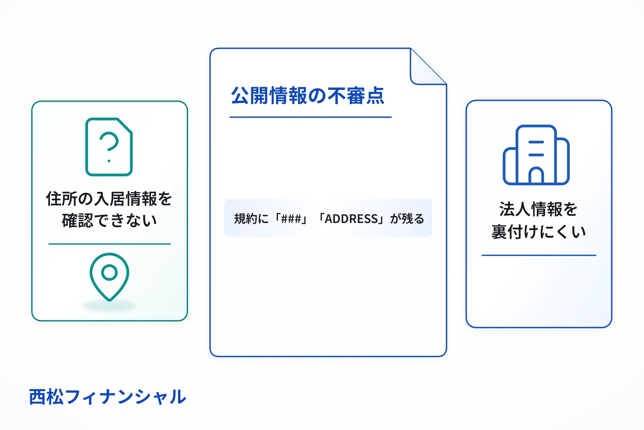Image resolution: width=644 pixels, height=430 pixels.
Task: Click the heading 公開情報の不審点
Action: click(307, 95)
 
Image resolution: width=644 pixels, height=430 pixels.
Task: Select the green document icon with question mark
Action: click(109, 147)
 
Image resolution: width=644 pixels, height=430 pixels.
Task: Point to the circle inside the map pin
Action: click(109, 273)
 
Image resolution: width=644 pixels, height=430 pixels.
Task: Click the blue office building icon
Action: click(536, 155)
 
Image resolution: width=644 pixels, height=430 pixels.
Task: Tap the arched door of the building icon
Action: click(536, 176)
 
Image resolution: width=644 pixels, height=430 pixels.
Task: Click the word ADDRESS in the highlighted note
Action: click(351, 219)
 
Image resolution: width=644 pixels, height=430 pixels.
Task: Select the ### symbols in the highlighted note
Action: click(291, 219)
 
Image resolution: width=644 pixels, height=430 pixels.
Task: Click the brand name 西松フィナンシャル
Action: click(107, 396)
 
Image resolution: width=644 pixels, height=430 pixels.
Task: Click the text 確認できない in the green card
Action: click(109, 220)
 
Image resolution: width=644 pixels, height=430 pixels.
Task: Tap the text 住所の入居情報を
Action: click(109, 199)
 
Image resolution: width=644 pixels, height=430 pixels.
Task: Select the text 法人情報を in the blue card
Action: click(538, 209)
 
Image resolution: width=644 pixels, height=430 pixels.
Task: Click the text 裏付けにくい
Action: click(538, 231)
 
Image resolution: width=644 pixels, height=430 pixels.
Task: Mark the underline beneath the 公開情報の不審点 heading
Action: click(311, 117)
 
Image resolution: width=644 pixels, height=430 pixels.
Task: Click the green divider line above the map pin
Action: click(109, 244)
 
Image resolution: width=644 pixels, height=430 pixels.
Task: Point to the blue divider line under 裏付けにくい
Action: click(539, 255)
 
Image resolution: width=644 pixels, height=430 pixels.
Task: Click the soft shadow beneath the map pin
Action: click(109, 305)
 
